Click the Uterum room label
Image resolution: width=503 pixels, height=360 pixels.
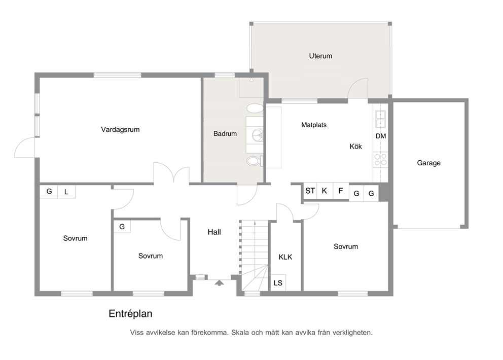320,56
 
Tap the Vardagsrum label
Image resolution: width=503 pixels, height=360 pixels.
120,130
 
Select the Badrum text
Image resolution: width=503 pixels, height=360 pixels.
225,134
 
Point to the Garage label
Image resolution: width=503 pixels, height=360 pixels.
428,163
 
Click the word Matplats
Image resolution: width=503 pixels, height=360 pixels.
314,125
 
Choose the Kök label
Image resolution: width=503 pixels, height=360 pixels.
356,147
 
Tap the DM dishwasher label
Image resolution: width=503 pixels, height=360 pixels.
381,136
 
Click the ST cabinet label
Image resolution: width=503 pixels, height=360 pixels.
310,191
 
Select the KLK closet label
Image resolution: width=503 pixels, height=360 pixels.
285,257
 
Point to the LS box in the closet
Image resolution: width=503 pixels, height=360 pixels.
278,283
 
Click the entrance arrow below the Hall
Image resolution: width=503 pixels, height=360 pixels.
219,282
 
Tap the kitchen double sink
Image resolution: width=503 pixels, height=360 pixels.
380,119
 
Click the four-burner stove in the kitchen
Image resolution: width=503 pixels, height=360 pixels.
380,160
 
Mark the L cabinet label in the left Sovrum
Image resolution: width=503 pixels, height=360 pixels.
66,192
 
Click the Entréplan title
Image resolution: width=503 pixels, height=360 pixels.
130,314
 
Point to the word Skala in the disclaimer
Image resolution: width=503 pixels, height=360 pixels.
240,333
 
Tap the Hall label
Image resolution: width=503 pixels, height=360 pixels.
214,232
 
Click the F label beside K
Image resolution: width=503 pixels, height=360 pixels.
341,191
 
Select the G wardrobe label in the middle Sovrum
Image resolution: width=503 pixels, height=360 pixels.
122,227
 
